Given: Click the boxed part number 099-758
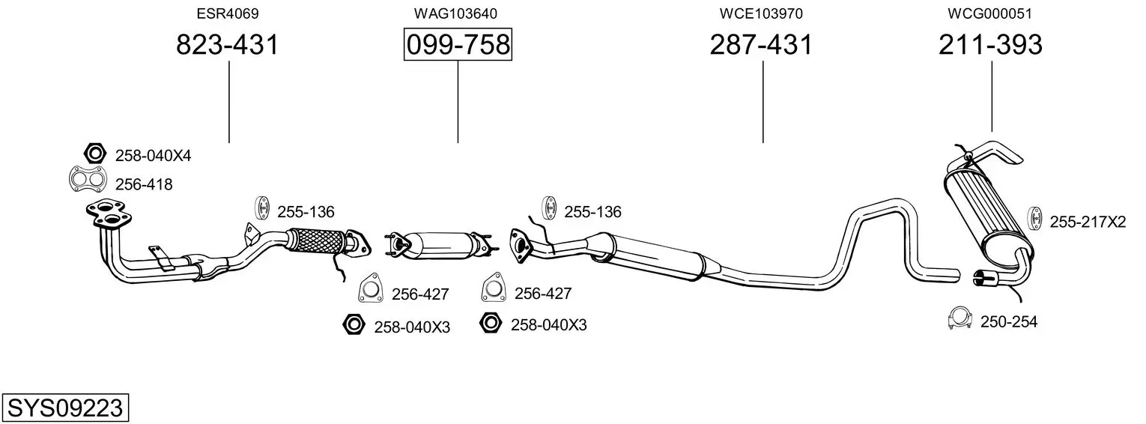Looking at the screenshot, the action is (458, 44).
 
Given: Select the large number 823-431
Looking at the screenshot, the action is (228, 44).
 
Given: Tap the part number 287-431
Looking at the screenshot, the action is (761, 44).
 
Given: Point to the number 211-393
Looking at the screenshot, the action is (990, 44).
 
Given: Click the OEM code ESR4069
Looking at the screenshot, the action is (228, 13).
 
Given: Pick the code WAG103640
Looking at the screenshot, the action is (455, 13).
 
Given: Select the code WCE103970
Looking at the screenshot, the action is (761, 13).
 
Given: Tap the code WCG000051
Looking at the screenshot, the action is (990, 13).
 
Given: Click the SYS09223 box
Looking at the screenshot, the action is (65, 408).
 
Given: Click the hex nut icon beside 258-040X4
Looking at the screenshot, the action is (94, 153).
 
